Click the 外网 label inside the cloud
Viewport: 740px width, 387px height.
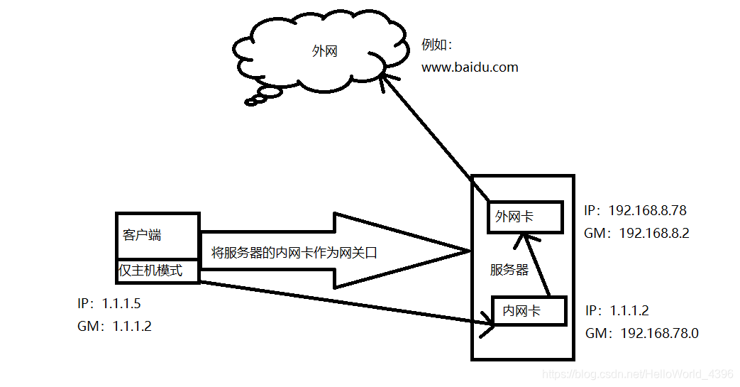[x=324, y=52]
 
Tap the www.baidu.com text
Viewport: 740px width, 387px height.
[x=470, y=68]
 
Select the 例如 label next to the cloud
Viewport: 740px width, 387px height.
[x=436, y=45]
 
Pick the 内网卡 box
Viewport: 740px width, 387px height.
[x=529, y=311]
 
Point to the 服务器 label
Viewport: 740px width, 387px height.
[x=509, y=270]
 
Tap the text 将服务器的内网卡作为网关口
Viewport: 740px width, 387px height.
[x=292, y=252]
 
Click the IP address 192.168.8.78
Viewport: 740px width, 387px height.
[x=647, y=211]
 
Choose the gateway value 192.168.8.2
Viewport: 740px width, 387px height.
[x=654, y=233]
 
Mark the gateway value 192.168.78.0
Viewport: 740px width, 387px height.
[x=659, y=333]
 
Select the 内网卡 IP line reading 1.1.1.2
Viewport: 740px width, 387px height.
[x=617, y=311]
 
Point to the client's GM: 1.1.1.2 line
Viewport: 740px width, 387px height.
[x=114, y=327]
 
